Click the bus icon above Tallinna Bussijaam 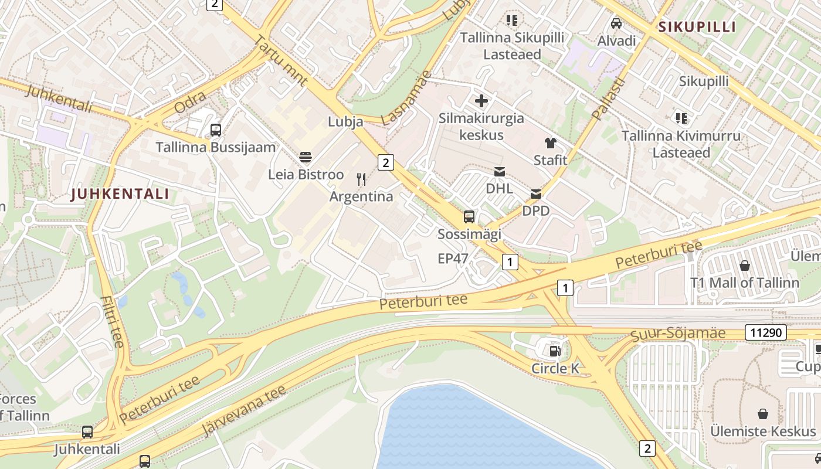click(x=215, y=130)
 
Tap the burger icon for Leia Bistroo click(x=305, y=157)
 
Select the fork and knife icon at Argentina click(x=361, y=179)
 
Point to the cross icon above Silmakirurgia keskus click(x=481, y=101)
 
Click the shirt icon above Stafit click(x=550, y=142)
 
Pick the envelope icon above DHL click(x=499, y=172)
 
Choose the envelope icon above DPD click(x=535, y=193)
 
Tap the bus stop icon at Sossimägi click(x=469, y=217)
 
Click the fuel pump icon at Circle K click(x=554, y=351)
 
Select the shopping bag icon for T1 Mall click(x=744, y=266)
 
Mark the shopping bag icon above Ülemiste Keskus click(x=763, y=414)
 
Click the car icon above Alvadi click(x=616, y=23)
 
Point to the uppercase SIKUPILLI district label click(x=697, y=27)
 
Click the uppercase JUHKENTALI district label click(x=120, y=194)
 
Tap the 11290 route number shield click(x=765, y=333)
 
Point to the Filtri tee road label click(x=111, y=322)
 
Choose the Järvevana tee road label click(x=243, y=411)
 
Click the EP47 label click(x=453, y=259)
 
